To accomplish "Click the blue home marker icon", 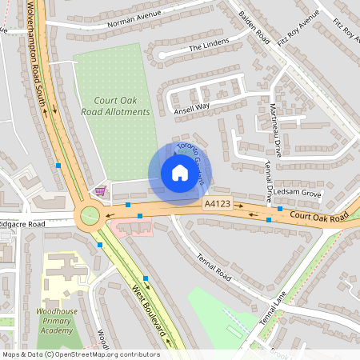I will (x=179, y=173).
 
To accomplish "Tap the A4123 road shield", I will (x=217, y=205).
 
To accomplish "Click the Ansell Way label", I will (x=193, y=106).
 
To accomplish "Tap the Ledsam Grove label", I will (x=296, y=194).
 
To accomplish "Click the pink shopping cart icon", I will (x=100, y=190).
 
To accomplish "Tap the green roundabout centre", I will (x=88, y=216).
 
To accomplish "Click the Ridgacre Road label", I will (x=22, y=225).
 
